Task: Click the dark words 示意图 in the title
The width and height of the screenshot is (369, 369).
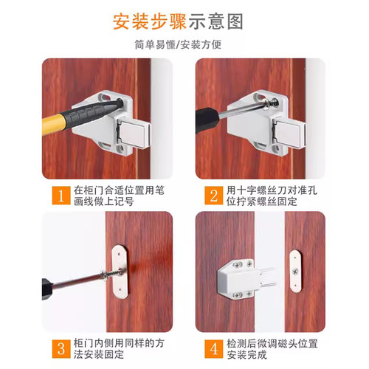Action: [x=215, y=21]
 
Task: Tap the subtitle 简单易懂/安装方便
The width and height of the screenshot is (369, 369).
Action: [x=184, y=44]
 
